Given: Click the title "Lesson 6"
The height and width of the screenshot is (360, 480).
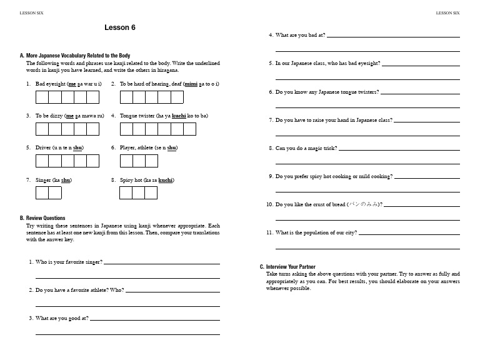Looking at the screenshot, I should click(x=120, y=27).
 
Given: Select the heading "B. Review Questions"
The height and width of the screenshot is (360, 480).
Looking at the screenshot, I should click(x=42, y=218).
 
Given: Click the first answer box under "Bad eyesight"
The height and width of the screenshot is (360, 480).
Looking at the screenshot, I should click(x=42, y=97).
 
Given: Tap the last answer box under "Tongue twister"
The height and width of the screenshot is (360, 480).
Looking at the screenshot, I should click(x=189, y=129).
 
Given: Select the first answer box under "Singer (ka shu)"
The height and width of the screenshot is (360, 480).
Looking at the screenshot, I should click(x=42, y=192).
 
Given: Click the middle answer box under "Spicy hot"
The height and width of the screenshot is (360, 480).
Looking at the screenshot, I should click(x=139, y=192).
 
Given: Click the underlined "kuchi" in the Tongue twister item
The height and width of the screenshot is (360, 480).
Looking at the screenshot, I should click(x=179, y=116).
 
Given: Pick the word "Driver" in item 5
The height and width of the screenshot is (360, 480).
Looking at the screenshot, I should click(x=43, y=147).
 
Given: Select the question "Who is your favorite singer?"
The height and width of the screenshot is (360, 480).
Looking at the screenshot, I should click(x=69, y=262).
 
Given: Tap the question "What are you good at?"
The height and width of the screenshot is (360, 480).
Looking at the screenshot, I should click(x=62, y=318).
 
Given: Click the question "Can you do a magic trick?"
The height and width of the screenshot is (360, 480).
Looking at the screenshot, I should click(x=306, y=148).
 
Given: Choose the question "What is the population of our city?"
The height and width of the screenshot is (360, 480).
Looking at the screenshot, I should click(x=316, y=232).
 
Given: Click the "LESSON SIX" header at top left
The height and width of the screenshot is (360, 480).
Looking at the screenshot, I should click(x=32, y=12).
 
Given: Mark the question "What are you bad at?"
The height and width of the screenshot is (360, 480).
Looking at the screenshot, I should click(x=300, y=36).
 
